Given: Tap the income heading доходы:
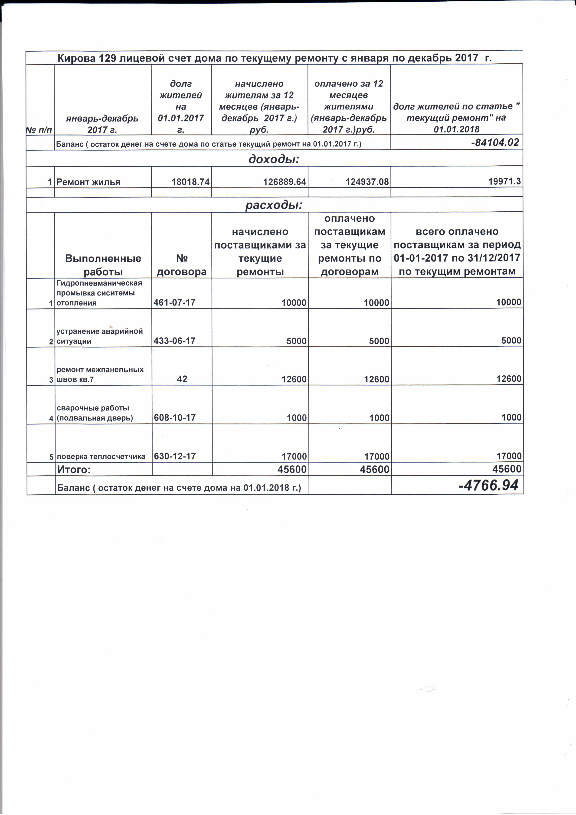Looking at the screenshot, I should click(274, 159).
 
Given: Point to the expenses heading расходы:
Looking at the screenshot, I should click(274, 205).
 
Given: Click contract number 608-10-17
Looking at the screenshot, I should click(175, 418).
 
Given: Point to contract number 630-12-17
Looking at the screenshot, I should click(175, 456).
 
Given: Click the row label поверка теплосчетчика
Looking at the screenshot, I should click(101, 457).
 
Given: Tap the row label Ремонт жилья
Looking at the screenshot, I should click(88, 182).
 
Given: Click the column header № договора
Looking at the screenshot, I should click(182, 265).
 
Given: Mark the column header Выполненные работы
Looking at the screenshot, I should click(103, 265).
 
